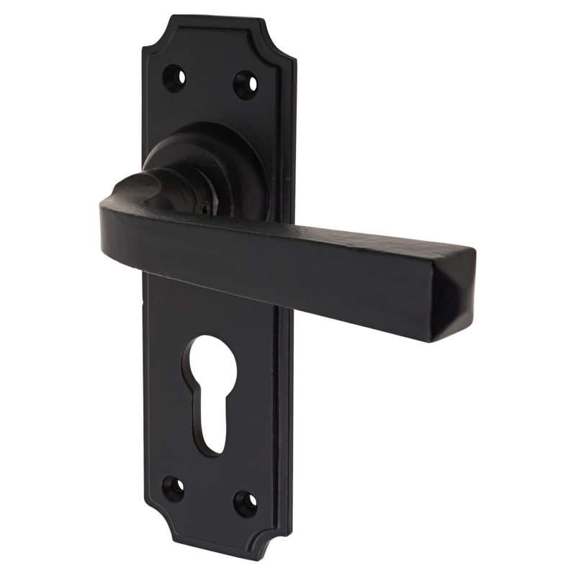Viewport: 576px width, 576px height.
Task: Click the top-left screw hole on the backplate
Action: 174,77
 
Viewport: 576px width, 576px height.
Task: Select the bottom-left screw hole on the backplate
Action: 173,489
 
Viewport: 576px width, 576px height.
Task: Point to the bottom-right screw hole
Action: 245,504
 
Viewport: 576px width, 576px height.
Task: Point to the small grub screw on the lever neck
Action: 207,209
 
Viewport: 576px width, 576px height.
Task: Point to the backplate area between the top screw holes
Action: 210,79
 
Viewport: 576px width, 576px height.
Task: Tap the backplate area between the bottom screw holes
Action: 209,497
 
